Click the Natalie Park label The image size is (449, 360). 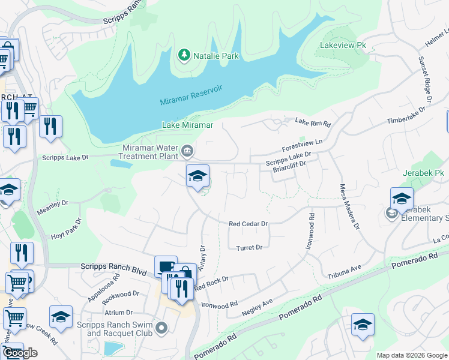coord(215,56)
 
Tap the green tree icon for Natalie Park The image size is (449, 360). coord(184,56)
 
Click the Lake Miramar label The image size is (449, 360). coord(187,125)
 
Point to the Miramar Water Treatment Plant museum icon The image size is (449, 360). coord(187,150)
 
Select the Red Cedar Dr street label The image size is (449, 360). coord(248,224)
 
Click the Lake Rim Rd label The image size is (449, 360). coord(313,122)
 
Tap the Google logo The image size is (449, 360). coord(20,353)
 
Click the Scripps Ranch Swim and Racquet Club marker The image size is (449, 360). coord(161,328)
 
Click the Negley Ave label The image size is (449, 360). coord(257,308)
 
